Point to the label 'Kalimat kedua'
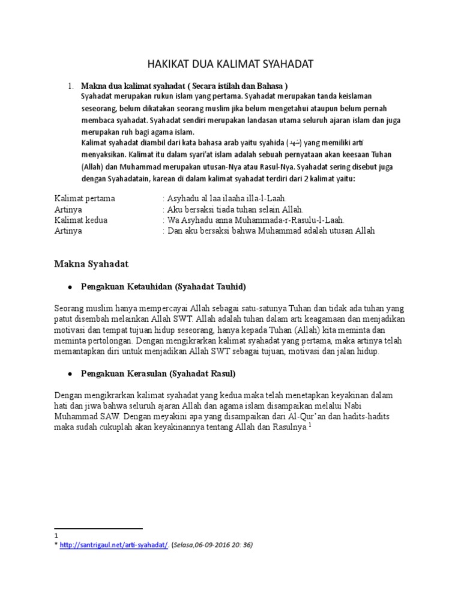click(x=81, y=220)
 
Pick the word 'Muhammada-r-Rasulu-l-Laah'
click(x=283, y=220)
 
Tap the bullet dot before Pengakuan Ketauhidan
click(x=70, y=287)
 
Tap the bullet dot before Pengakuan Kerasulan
click(x=70, y=374)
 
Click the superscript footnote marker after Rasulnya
click(x=310, y=425)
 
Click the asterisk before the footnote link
click(x=56, y=545)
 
